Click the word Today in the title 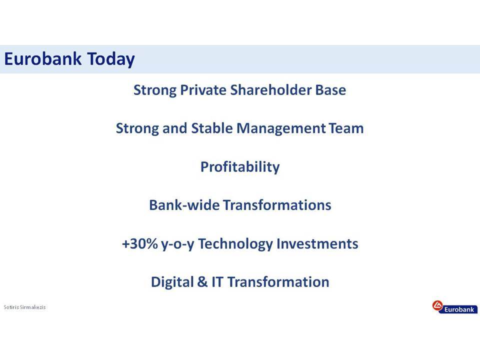click(111, 59)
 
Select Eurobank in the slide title click(43, 58)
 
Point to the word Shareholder click(270, 90)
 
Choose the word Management click(281, 129)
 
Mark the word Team click(346, 128)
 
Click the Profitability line click(240, 167)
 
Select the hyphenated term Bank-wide click(184, 205)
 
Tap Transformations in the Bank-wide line click(277, 205)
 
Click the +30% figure click(139, 243)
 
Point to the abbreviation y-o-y click(177, 244)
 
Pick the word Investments click(317, 243)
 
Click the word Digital click(172, 282)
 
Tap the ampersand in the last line click(202, 282)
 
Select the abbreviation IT click(217, 282)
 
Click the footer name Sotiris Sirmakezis click(24, 307)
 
